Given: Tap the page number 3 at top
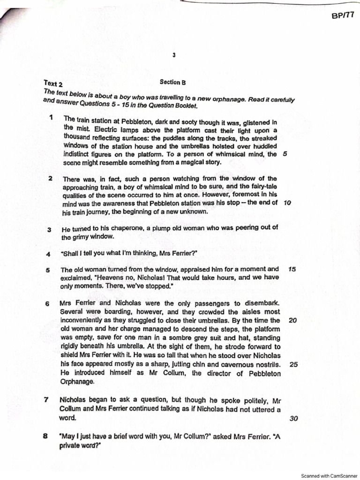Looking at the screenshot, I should pos(173,55).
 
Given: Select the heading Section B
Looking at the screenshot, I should pos(172,82).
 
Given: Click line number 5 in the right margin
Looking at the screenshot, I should pos(285,154).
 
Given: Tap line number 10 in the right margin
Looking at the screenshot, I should pos(288,203).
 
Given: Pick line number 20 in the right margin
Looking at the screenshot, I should pos(293,320).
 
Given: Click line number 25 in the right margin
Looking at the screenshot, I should pos(294,364).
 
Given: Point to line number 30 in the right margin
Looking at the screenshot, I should pos(294,419).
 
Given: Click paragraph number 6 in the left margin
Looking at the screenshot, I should pos(47,304).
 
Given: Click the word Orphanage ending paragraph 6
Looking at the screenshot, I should pos(77,382).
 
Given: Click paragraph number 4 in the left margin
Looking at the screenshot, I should pos(48,255).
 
